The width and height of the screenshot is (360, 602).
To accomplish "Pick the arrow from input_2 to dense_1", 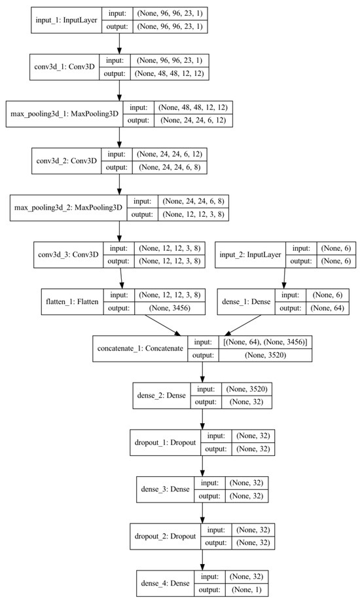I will [x=283, y=274].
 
